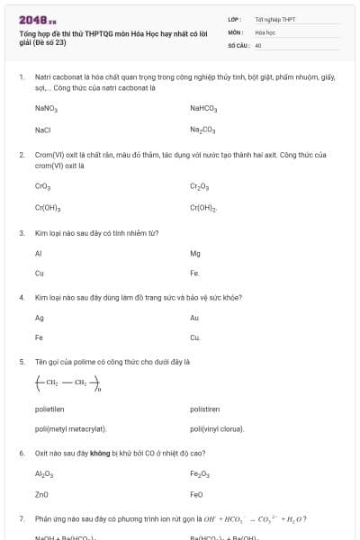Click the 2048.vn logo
click(37, 19)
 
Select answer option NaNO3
click(46, 108)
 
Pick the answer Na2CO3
click(202, 130)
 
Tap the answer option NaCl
click(42, 130)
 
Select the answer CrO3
click(42, 186)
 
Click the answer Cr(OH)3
click(47, 208)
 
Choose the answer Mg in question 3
click(195, 253)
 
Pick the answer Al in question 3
click(39, 253)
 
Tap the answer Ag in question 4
click(40, 318)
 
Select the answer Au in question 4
click(194, 318)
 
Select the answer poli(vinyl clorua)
click(217, 428)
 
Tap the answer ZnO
click(42, 494)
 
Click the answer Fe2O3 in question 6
click(200, 473)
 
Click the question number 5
click(22, 361)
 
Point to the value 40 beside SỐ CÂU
click(258, 44)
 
